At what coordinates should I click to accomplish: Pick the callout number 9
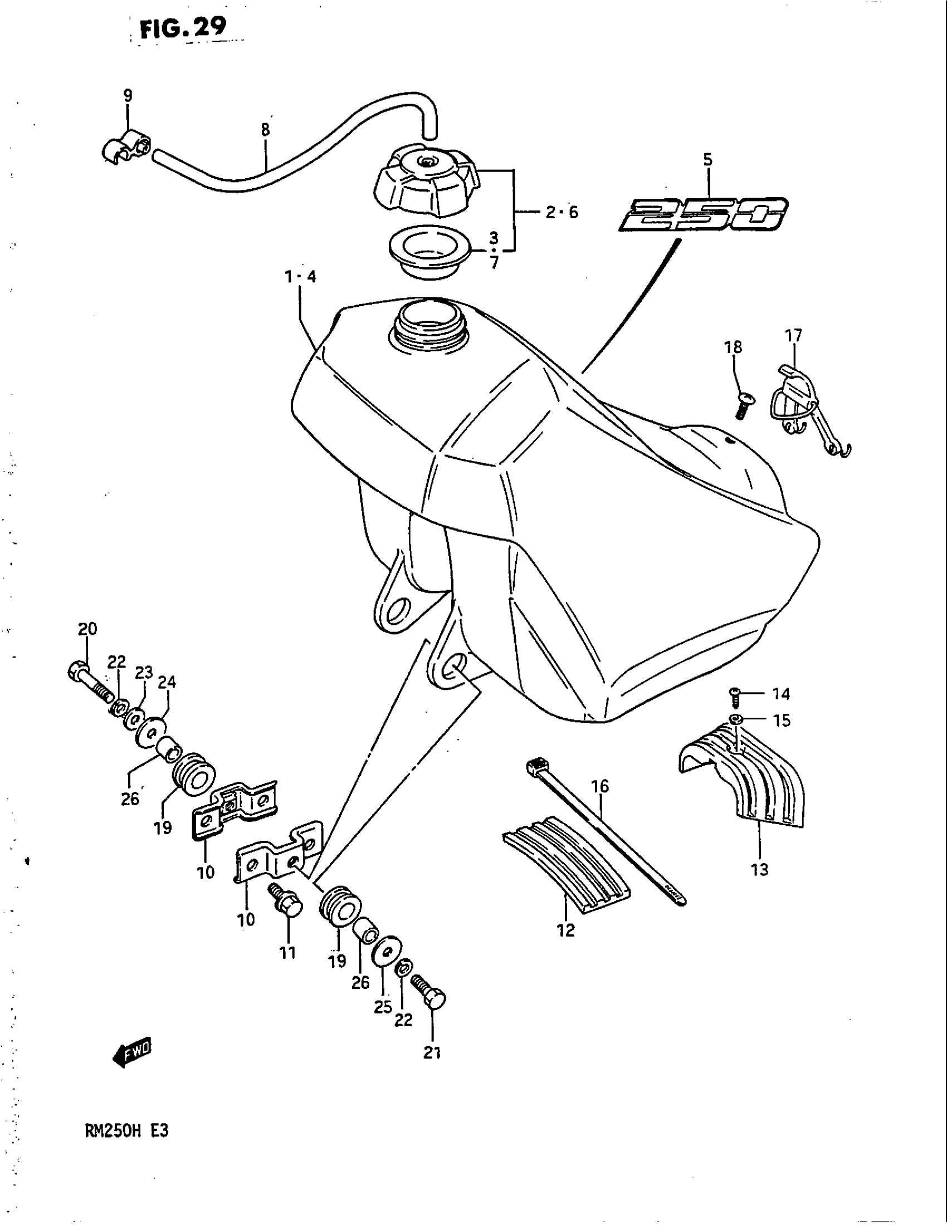pos(128,96)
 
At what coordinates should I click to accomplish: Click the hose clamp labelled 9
pos(126,148)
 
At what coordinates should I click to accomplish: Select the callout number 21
pos(431,1053)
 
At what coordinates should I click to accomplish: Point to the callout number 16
pos(600,786)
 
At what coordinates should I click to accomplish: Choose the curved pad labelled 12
pos(565,865)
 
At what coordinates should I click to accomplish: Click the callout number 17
pos(793,335)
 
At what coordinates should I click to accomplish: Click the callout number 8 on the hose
pos(265,130)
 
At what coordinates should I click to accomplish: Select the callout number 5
pos(707,160)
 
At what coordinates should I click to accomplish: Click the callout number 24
pos(167,683)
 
